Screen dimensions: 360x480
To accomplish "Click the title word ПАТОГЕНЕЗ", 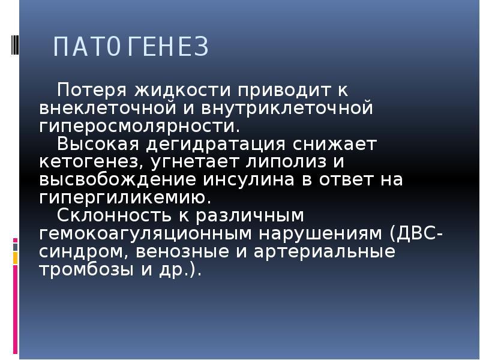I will pyautogui.click(x=130, y=47).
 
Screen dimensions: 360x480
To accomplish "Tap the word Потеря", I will pyautogui.click(x=91, y=91).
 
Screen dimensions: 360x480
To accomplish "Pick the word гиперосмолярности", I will pyautogui.click(x=139, y=127).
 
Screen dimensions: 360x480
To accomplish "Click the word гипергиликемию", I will pyautogui.click(x=125, y=197).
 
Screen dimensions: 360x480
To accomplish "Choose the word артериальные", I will pyautogui.click(x=323, y=251).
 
